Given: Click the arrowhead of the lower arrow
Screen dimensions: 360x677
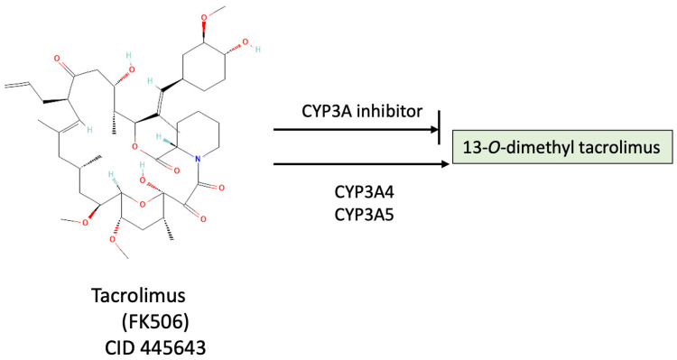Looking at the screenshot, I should [x=443, y=164].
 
